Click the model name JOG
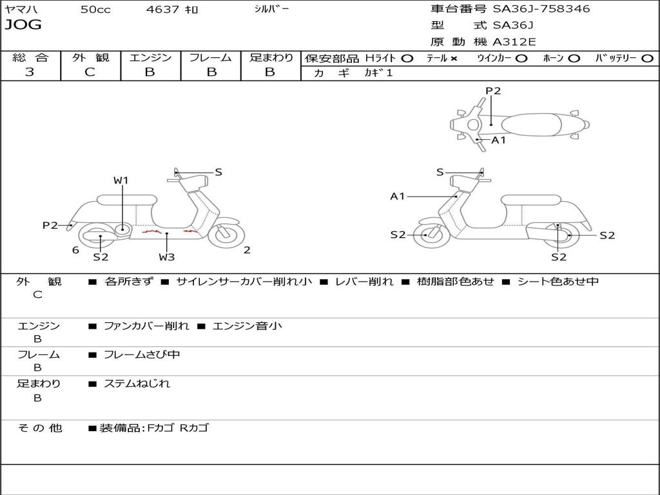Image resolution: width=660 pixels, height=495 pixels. click(23, 25)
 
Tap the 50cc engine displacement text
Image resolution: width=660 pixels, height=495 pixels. click(95, 10)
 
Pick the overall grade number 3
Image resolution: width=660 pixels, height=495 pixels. click(30, 72)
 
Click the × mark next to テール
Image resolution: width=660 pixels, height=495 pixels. click(454, 58)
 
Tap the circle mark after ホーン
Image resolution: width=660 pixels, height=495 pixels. click(574, 58)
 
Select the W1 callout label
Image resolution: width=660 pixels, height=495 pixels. click(121, 180)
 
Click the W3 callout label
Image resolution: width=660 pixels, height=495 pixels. click(167, 257)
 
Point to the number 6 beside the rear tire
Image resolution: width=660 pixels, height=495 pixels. click(75, 250)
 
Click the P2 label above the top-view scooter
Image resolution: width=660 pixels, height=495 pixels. click(493, 91)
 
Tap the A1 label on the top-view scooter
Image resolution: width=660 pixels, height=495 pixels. click(499, 140)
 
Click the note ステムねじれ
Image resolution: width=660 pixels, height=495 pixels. click(137, 383)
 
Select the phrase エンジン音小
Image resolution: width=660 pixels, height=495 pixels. click(247, 326)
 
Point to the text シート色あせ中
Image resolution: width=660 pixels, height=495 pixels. click(558, 282)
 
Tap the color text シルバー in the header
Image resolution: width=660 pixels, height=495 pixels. click(271, 9)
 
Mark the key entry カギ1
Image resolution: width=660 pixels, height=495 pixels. click(378, 73)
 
